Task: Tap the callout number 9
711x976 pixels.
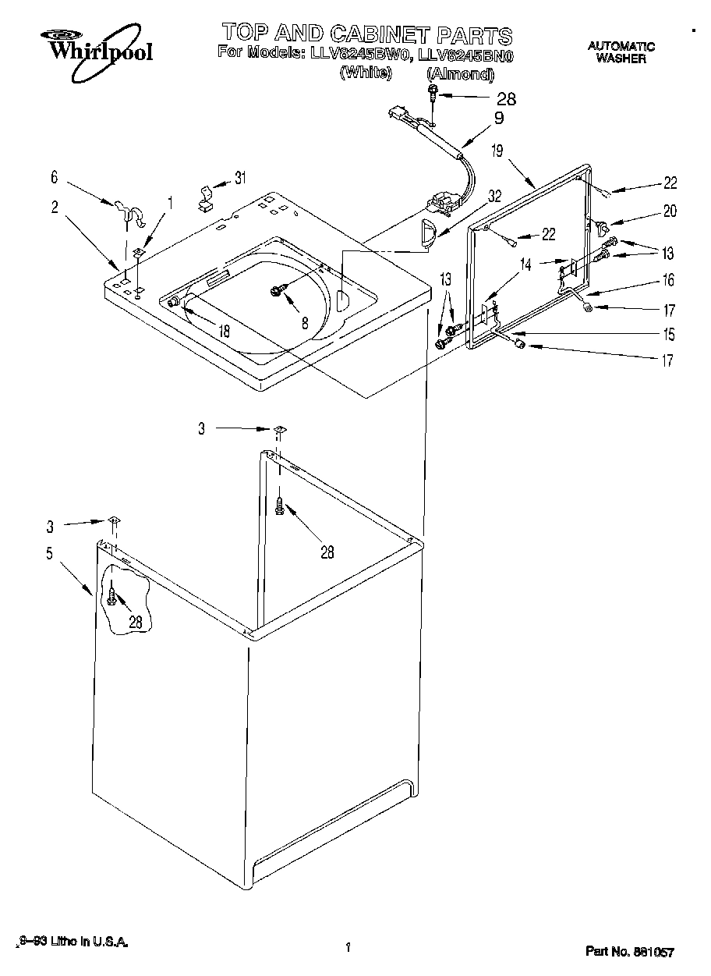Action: (498, 119)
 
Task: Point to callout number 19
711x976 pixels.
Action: (497, 151)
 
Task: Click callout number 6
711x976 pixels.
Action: (54, 179)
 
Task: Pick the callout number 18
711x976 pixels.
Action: (224, 330)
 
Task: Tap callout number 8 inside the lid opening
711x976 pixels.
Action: (305, 320)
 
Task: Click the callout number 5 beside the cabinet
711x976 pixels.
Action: (49, 555)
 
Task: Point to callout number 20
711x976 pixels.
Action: (670, 211)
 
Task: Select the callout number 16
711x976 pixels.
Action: (670, 281)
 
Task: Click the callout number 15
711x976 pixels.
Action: (670, 335)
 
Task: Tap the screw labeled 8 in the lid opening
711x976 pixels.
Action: (277, 291)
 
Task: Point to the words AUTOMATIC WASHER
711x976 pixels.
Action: (621, 52)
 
